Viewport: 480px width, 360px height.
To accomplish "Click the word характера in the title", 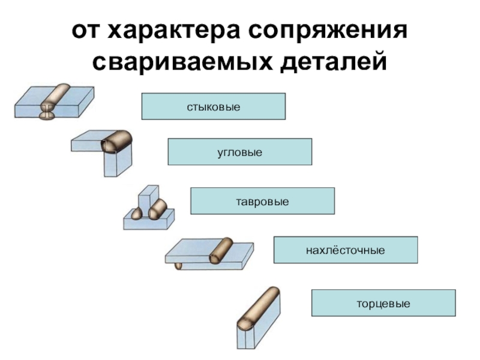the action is click(x=173, y=32).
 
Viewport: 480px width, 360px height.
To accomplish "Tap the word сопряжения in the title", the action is click(x=328, y=32).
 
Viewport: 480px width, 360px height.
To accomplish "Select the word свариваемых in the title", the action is click(x=182, y=62).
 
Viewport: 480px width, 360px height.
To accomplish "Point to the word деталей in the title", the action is click(x=334, y=63).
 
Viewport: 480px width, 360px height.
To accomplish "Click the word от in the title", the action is click(x=85, y=31).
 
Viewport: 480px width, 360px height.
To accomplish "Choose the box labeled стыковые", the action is click(x=214, y=106).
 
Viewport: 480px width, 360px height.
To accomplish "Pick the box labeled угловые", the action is click(x=239, y=152).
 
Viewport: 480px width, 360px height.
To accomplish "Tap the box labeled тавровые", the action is click(x=262, y=201).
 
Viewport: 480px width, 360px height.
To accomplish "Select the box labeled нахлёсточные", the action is click(x=346, y=250).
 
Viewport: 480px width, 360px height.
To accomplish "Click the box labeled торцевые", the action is click(x=383, y=303).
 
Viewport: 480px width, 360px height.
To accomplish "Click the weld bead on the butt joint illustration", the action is click(x=55, y=97).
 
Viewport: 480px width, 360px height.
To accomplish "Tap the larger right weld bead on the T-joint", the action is click(x=157, y=209).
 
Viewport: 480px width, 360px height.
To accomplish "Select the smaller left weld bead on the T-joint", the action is click(x=137, y=213).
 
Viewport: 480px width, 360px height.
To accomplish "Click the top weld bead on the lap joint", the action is click(x=221, y=250).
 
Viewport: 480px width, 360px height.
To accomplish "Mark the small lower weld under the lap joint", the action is click(x=178, y=266).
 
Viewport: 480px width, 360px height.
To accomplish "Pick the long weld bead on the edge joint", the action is click(x=259, y=309).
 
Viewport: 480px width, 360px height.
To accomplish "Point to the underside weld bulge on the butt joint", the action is click(x=47, y=115).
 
